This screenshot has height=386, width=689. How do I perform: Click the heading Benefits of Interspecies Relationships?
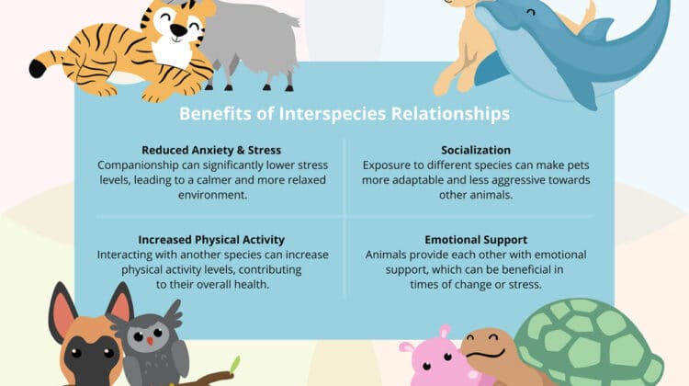point(344,114)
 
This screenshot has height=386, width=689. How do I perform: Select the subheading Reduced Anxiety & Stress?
point(211,150)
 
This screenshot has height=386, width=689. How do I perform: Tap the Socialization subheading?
point(476,150)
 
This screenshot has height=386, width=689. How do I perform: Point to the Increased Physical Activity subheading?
point(211,240)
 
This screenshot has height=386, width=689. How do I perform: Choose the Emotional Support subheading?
point(476,240)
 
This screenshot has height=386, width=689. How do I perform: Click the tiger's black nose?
point(178,30)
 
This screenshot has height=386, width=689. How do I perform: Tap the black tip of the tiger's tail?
point(39,69)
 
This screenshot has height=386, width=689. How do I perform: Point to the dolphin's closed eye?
point(531,12)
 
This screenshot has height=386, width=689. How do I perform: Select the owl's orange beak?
point(151,341)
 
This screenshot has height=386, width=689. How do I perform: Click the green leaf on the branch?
point(235,364)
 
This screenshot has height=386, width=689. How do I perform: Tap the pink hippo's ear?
point(446,332)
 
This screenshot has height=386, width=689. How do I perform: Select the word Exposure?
point(382,165)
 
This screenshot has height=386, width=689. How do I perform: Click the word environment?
point(213,195)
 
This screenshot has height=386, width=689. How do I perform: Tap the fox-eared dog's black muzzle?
point(91,359)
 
